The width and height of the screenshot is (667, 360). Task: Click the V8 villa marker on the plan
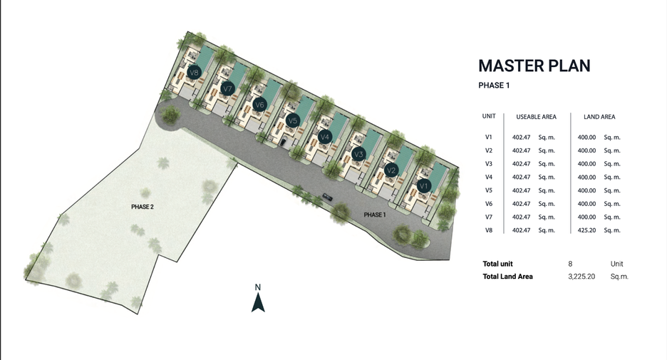pos(194,72)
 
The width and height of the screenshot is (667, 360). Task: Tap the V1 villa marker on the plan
pos(423,186)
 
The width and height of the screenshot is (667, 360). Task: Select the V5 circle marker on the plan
pos(292,121)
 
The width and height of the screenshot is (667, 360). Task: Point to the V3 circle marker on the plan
pos(358,154)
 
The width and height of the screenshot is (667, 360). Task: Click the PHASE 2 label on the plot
pos(143,207)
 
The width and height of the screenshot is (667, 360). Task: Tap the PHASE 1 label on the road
pos(375,215)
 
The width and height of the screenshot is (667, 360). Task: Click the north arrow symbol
pos(258,302)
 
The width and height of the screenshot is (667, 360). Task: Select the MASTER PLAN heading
pos(534,66)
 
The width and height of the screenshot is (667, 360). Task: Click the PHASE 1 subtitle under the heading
pos(494,85)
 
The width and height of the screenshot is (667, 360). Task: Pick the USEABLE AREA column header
pos(536,117)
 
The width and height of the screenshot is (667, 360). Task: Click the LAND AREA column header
pos(599,117)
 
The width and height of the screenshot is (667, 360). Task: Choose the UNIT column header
pos(489,116)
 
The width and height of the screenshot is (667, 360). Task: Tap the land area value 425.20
pos(586,230)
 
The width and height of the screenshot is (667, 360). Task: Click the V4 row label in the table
pos(488,177)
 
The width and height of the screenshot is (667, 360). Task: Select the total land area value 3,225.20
pos(581,277)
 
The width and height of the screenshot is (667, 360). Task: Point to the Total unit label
pos(497,264)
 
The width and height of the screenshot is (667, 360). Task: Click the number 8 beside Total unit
pos(570,264)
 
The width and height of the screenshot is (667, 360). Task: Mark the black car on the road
pos(327,197)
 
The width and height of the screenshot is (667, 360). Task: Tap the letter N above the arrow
pos(258,287)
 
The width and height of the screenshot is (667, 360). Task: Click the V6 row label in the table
pos(488,204)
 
